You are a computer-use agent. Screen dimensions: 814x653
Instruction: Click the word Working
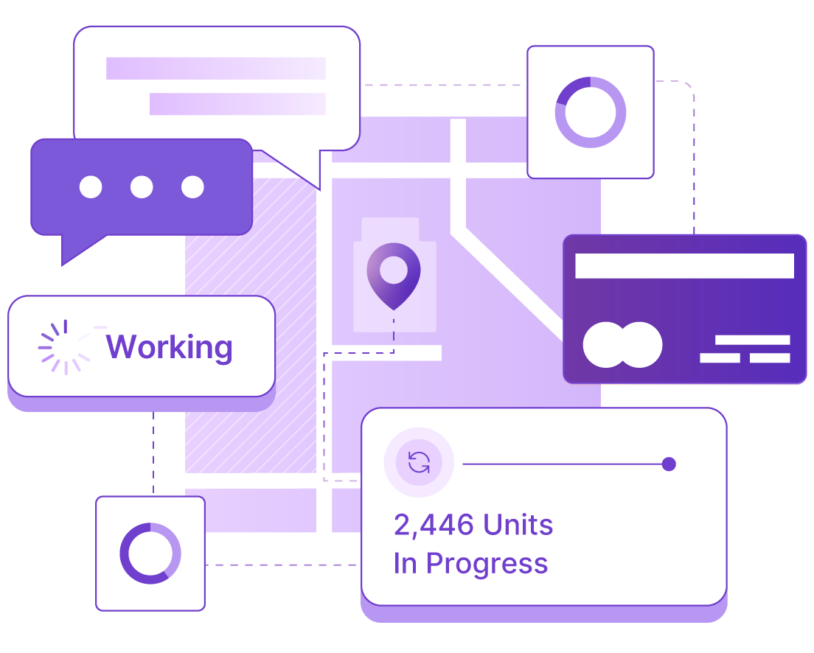170,347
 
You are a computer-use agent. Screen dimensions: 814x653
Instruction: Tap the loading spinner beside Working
66,347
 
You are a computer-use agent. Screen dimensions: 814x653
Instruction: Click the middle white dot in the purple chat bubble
142,187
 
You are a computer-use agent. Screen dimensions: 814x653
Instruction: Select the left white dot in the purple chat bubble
91,187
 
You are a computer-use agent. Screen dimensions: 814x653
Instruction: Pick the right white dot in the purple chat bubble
192,187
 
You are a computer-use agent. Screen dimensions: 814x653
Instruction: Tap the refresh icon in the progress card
419,463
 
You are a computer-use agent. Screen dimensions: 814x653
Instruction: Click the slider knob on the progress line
669,464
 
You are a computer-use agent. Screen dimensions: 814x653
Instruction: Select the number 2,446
434,525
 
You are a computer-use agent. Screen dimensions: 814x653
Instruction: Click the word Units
518,525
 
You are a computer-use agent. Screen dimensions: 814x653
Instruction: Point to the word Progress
487,565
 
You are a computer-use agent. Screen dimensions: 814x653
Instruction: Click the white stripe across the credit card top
685,266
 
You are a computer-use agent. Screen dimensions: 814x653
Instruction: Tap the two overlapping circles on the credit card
622,345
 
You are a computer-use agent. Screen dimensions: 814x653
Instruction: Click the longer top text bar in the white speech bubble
216,69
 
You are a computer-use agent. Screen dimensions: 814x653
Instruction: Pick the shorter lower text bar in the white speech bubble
237,104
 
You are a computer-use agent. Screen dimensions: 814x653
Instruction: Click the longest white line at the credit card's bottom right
753,340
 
